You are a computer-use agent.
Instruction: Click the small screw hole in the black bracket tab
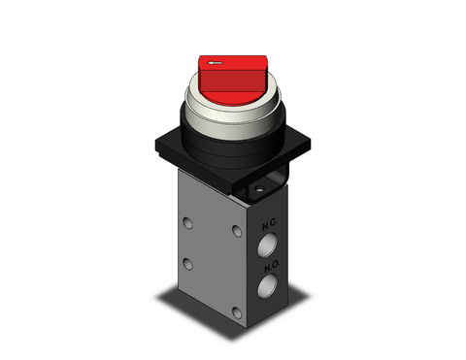[260, 183]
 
